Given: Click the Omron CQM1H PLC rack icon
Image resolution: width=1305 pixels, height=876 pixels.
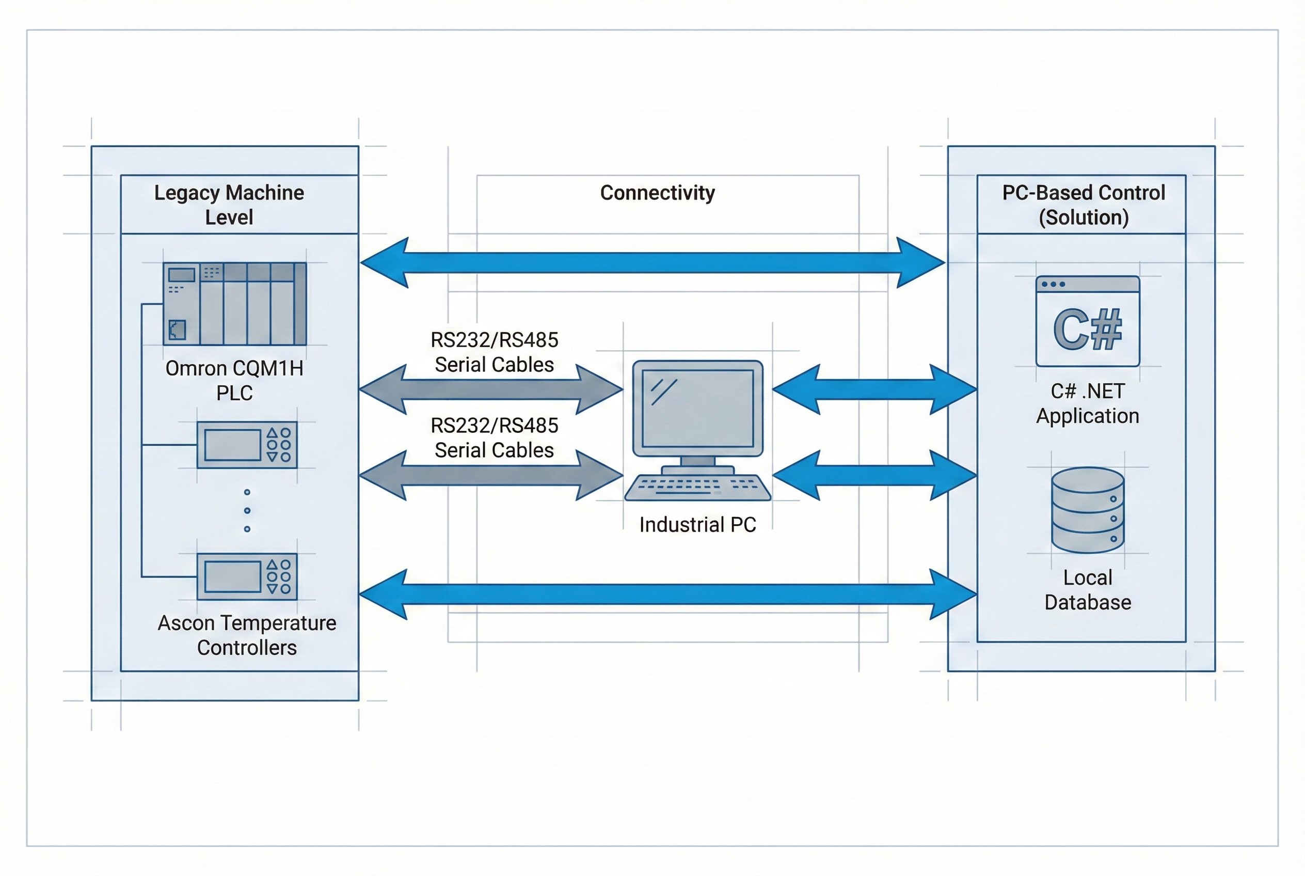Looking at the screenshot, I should tap(234, 303).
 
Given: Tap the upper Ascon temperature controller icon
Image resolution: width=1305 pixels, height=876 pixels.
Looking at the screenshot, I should tap(247, 445).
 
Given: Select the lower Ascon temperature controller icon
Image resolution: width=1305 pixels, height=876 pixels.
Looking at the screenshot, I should tap(247, 576).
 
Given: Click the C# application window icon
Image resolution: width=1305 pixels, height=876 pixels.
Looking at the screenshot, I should tap(1087, 321).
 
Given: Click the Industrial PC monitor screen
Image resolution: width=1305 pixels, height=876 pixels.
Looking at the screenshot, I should tap(697, 408).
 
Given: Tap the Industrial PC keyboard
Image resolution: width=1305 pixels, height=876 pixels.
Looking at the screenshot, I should tap(697, 487).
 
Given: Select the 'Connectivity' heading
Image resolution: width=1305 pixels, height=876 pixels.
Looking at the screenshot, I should tap(657, 193).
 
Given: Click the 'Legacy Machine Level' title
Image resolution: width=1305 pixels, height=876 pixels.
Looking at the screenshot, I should tap(229, 205).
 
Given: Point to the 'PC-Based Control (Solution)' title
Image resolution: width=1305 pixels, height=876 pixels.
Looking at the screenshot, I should tap(1084, 205).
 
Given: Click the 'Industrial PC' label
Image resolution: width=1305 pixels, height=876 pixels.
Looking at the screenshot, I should tap(697, 525).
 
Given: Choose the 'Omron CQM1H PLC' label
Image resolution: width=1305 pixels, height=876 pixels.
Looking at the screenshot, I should tap(234, 381).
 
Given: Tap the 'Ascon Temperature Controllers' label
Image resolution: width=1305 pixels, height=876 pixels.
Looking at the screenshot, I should tap(247, 635).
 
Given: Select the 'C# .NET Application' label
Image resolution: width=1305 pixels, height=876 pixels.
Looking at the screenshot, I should tap(1087, 403).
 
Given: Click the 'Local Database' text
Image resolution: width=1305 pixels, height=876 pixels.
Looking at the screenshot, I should tap(1087, 590).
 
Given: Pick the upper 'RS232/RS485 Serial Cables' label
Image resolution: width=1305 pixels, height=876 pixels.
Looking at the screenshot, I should tap(494, 352).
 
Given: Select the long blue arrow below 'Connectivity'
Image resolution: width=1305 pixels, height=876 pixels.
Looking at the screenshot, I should tap(652, 262).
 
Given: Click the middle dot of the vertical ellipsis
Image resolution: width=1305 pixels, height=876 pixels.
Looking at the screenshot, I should tap(247, 511).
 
